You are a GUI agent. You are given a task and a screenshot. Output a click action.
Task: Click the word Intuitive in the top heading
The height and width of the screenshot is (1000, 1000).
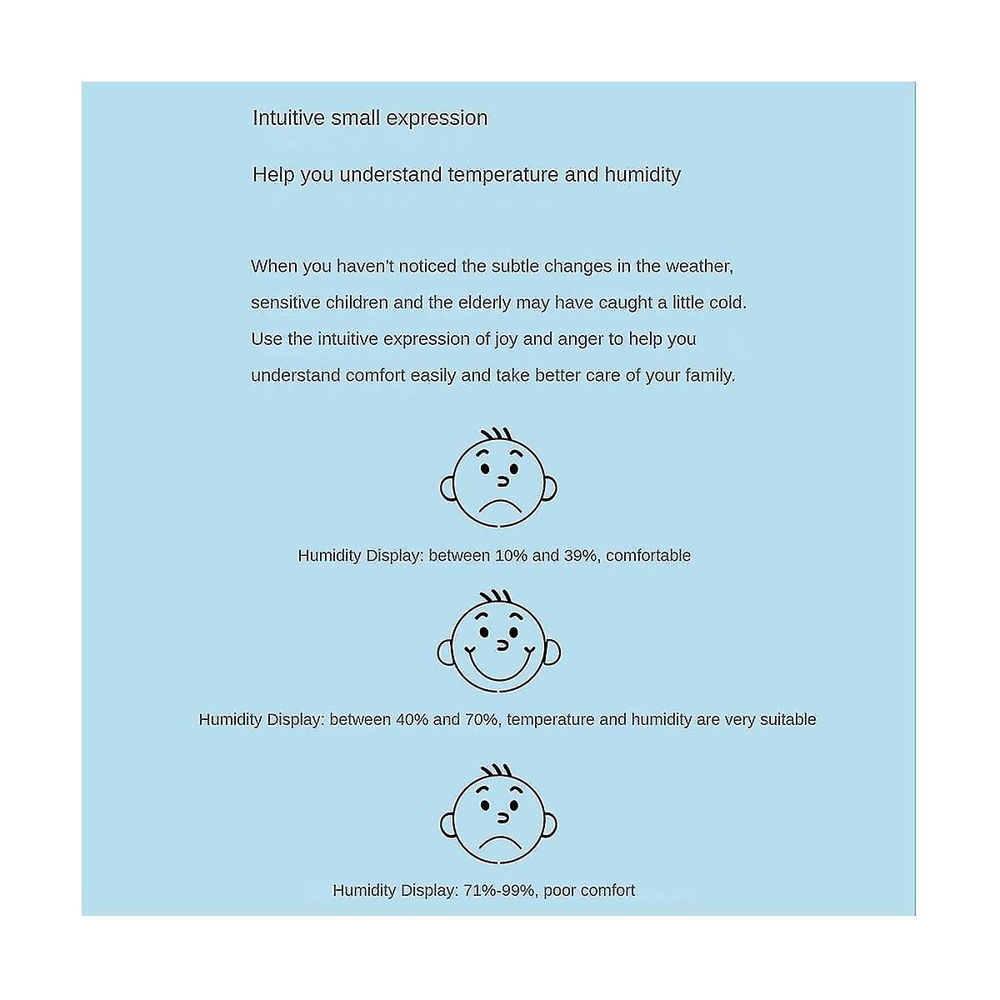(288, 118)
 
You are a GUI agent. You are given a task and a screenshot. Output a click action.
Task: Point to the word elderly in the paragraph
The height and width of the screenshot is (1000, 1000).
(484, 302)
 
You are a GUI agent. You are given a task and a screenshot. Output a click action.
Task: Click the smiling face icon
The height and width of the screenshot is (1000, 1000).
(498, 645)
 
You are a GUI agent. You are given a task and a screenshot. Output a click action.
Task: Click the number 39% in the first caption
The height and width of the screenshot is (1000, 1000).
(580, 556)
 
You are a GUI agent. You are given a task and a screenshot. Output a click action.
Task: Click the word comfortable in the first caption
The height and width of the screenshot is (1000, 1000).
(648, 556)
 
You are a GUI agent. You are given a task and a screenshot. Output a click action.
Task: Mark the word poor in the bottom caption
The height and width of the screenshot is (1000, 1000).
(559, 891)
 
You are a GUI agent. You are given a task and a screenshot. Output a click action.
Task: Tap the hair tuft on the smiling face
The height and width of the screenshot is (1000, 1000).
(497, 598)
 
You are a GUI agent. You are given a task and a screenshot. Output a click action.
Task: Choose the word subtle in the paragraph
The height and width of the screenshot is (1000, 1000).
(515, 267)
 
